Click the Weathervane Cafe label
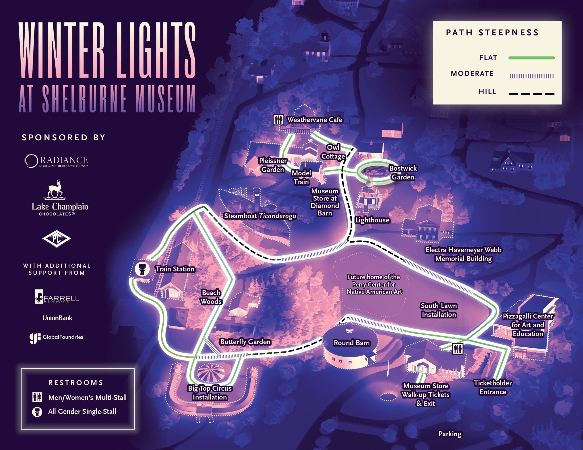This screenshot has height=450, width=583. pyautogui.click(x=315, y=120)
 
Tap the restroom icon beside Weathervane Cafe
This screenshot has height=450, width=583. pyautogui.click(x=278, y=120)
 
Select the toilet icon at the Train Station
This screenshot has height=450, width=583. pyautogui.click(x=142, y=269)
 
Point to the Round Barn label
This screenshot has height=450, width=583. pyautogui.click(x=352, y=343)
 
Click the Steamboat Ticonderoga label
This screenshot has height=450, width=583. pyautogui.click(x=260, y=216)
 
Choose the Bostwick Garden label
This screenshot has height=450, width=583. pyautogui.click(x=403, y=173)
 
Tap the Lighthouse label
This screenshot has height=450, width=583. pyautogui.click(x=372, y=220)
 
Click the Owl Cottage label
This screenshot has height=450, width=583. pyautogui.click(x=333, y=152)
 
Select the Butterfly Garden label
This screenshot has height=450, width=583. pyautogui.click(x=245, y=342)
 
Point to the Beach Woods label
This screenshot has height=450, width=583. pyautogui.click(x=211, y=297)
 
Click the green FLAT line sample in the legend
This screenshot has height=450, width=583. pyautogui.click(x=532, y=58)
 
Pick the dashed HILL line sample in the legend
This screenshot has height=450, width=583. pyautogui.click(x=532, y=94)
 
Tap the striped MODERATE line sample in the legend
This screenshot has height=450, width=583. pyautogui.click(x=532, y=76)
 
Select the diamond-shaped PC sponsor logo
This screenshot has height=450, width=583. pyautogui.click(x=56, y=238)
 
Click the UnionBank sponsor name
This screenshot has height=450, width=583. pyautogui.click(x=57, y=318)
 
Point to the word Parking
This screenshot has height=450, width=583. pyautogui.click(x=450, y=434)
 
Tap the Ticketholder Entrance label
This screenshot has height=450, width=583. pyautogui.click(x=493, y=387)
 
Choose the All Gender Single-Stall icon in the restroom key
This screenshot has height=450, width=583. pyautogui.click(x=37, y=412)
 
